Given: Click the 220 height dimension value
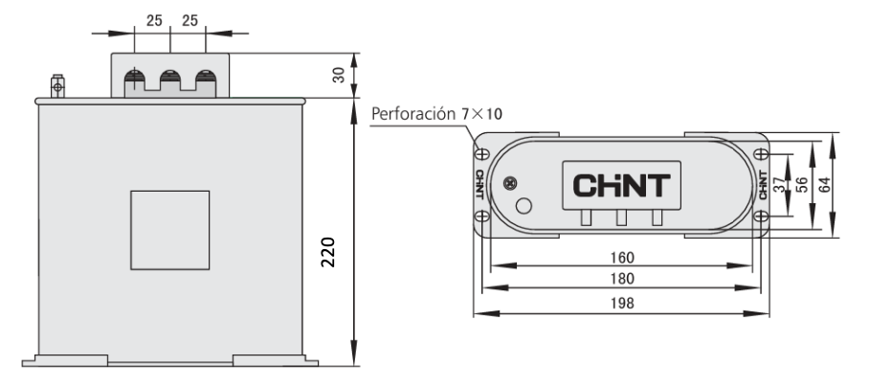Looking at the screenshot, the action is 328,253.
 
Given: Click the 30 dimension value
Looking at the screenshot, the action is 339,75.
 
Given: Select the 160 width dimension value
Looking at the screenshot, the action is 622,258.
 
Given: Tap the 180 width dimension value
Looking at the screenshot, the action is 622,279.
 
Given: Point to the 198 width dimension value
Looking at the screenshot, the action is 622,304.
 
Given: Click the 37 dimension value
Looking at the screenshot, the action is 780,185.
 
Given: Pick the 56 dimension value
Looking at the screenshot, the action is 801,185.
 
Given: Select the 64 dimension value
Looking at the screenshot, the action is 824,185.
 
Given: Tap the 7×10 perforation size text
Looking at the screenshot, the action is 481,114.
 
